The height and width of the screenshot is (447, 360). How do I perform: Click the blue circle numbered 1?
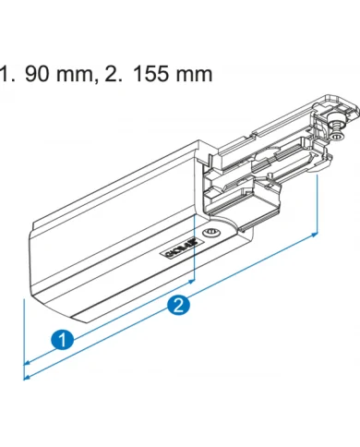[x=62, y=339]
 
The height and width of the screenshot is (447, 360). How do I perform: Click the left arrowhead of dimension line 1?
[x=28, y=361]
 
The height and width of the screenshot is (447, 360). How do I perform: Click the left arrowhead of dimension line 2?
[x=28, y=376]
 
